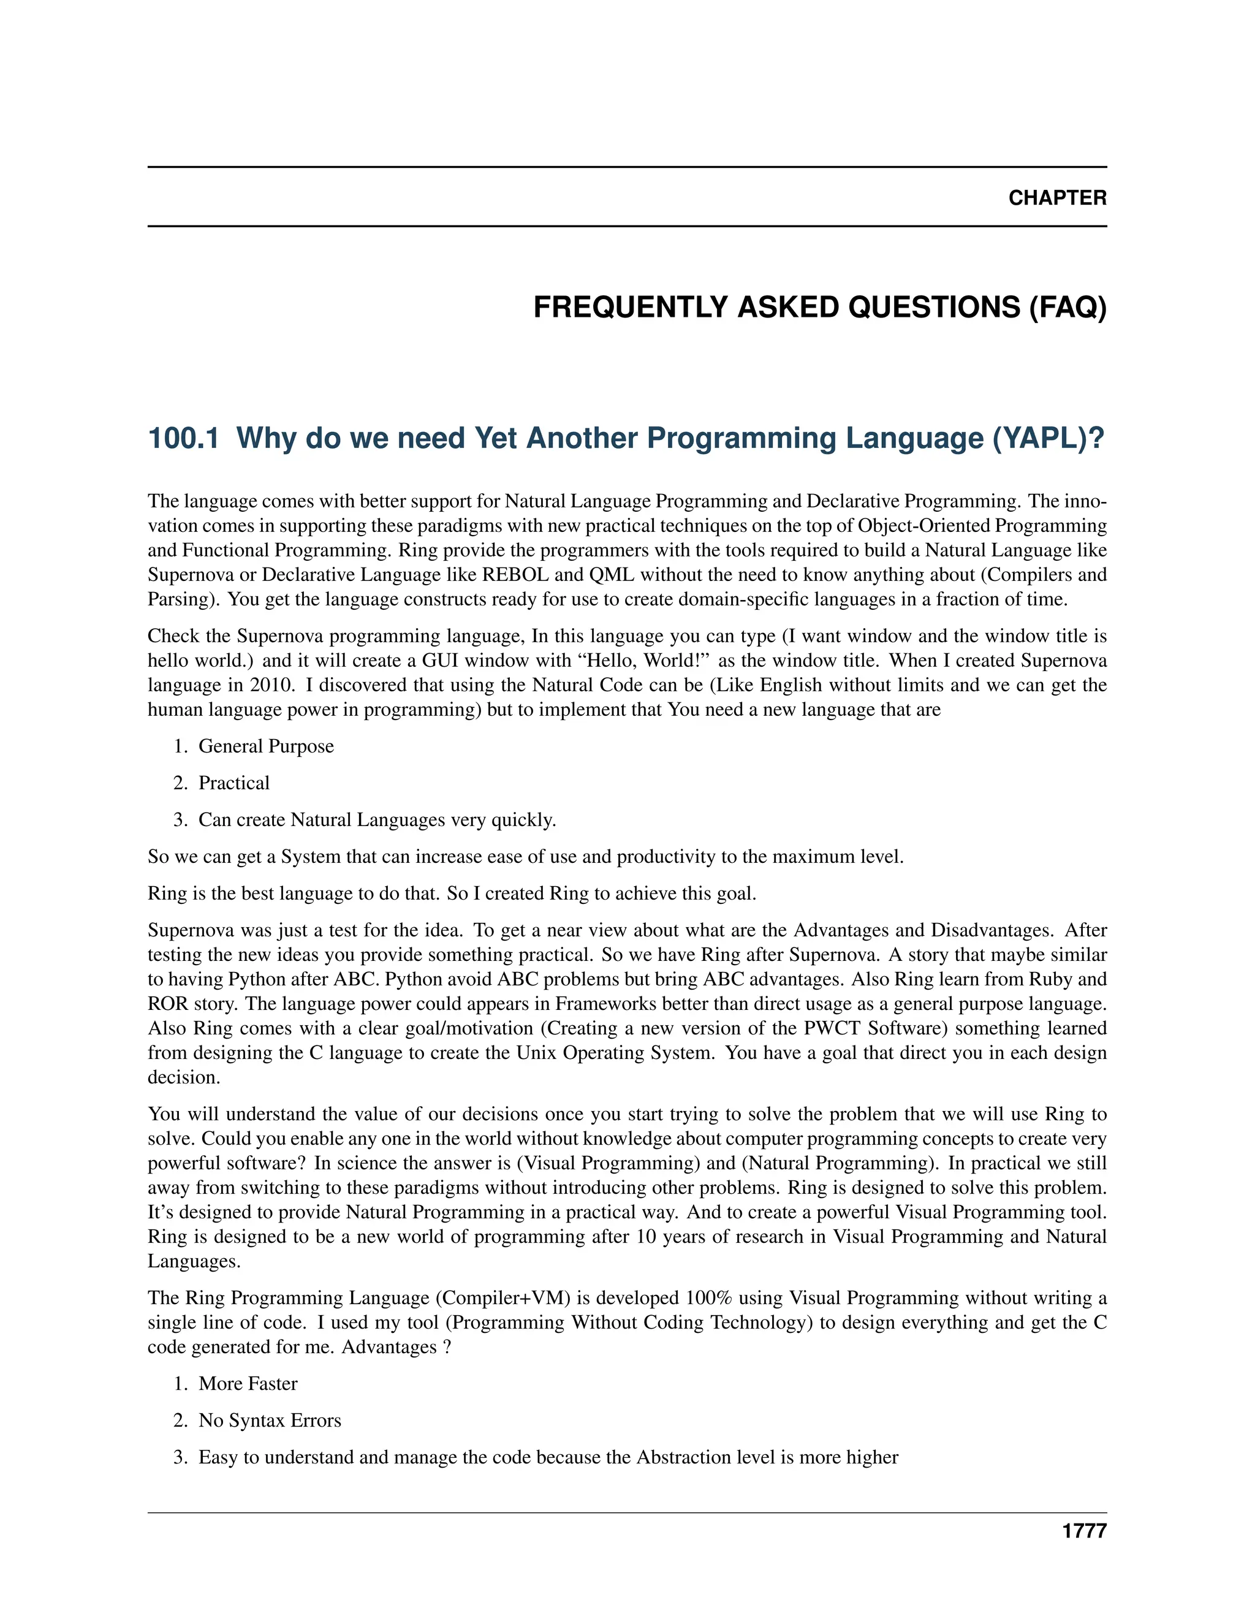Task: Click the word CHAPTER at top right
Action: (x=1056, y=198)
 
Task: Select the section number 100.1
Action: (x=183, y=438)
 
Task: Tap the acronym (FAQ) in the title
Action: (x=1067, y=307)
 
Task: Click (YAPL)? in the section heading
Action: (x=1049, y=438)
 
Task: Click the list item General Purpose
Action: (x=265, y=746)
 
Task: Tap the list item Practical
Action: (x=233, y=783)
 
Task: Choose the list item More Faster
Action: (x=248, y=1384)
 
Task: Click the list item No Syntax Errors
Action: (x=269, y=1421)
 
